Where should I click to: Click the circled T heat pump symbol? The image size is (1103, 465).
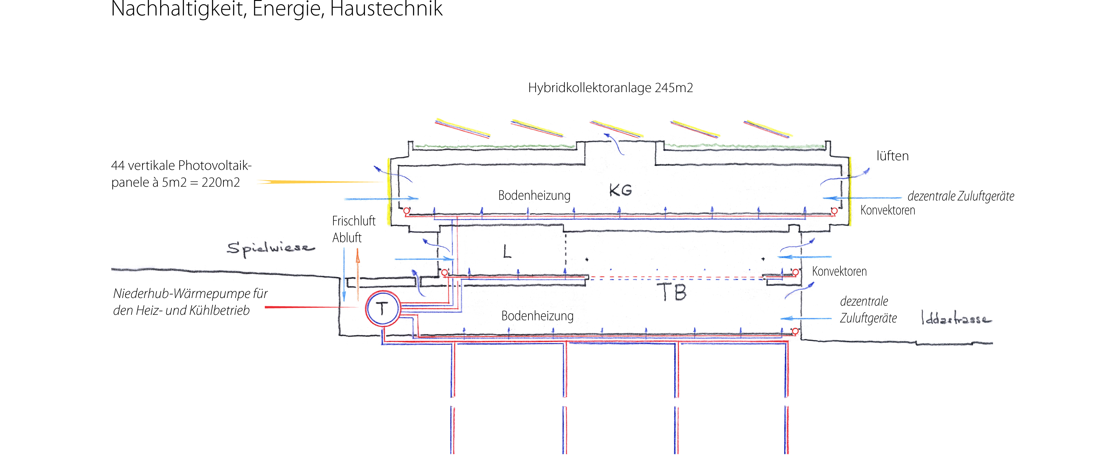[382, 309]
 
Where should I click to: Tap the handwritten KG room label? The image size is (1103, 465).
[620, 190]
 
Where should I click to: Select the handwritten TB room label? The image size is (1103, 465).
[672, 292]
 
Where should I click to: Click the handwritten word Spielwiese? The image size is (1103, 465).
[270, 248]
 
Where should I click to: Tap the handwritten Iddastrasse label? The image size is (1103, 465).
[956, 319]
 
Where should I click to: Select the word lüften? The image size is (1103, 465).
[892, 156]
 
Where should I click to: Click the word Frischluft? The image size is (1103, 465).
[354, 221]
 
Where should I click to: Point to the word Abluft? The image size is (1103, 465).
[347, 238]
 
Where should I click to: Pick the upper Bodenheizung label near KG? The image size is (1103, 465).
[534, 196]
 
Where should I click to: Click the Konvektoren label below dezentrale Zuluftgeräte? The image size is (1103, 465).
[888, 210]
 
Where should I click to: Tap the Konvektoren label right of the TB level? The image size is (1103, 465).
[839, 272]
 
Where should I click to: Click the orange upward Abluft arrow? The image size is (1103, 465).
[358, 274]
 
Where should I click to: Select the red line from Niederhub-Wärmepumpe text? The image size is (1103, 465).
[311, 307]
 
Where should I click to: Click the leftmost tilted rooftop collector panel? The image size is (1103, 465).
[462, 128]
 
